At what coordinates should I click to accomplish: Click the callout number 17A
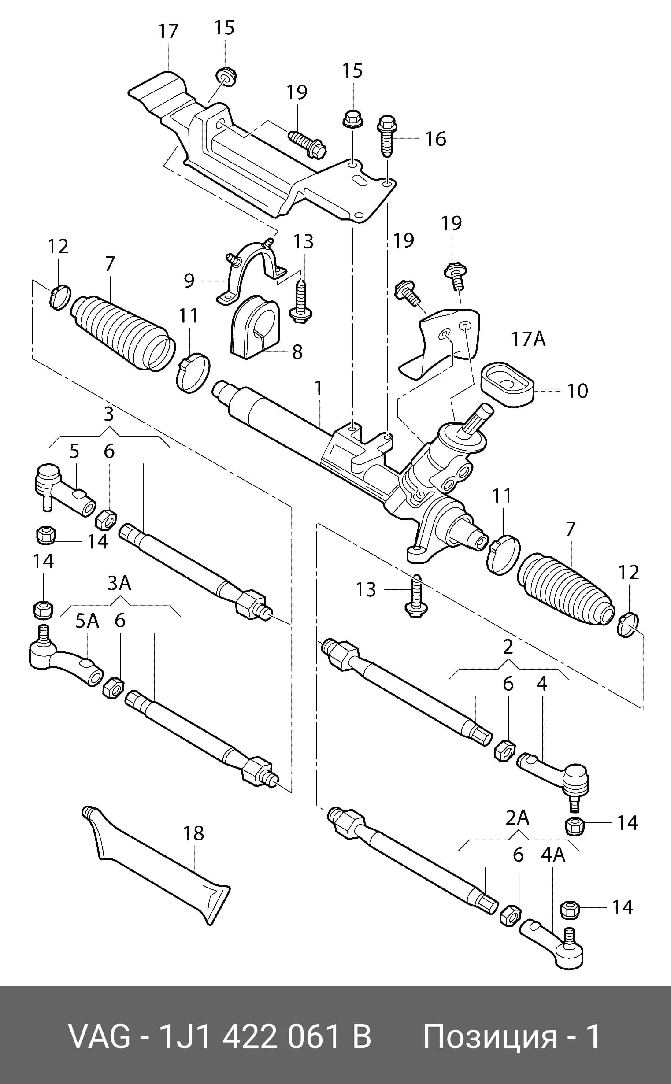coord(528,339)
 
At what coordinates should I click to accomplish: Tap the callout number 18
coord(193,834)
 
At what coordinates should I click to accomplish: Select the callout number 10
coord(577,391)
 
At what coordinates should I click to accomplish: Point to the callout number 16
coord(435,139)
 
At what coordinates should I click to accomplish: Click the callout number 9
coord(189,280)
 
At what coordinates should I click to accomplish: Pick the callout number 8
coord(297,352)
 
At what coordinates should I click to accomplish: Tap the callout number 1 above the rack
coord(318,388)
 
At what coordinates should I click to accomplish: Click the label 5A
coord(86,622)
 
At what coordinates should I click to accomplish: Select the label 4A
coord(553,855)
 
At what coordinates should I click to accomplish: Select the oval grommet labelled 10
coord(507,384)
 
